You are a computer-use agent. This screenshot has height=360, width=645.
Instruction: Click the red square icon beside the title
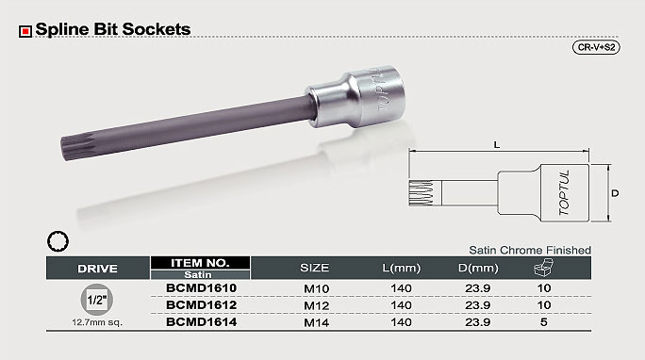coord(25,31)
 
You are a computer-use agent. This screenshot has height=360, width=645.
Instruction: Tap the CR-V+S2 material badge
coord(596,47)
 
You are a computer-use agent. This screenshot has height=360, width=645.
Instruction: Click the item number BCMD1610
coord(201,288)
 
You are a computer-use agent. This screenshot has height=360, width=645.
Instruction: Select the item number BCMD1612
coord(201,305)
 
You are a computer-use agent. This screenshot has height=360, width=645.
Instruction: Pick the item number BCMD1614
coord(201,321)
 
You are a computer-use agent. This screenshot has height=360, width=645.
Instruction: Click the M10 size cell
coord(316,288)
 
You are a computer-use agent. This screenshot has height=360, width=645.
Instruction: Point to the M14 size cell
coord(316,322)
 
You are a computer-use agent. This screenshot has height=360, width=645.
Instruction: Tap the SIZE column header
coord(314,268)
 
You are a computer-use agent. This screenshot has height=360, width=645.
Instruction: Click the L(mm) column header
coord(401,268)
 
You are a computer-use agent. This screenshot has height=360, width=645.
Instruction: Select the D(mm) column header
coord(478,268)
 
